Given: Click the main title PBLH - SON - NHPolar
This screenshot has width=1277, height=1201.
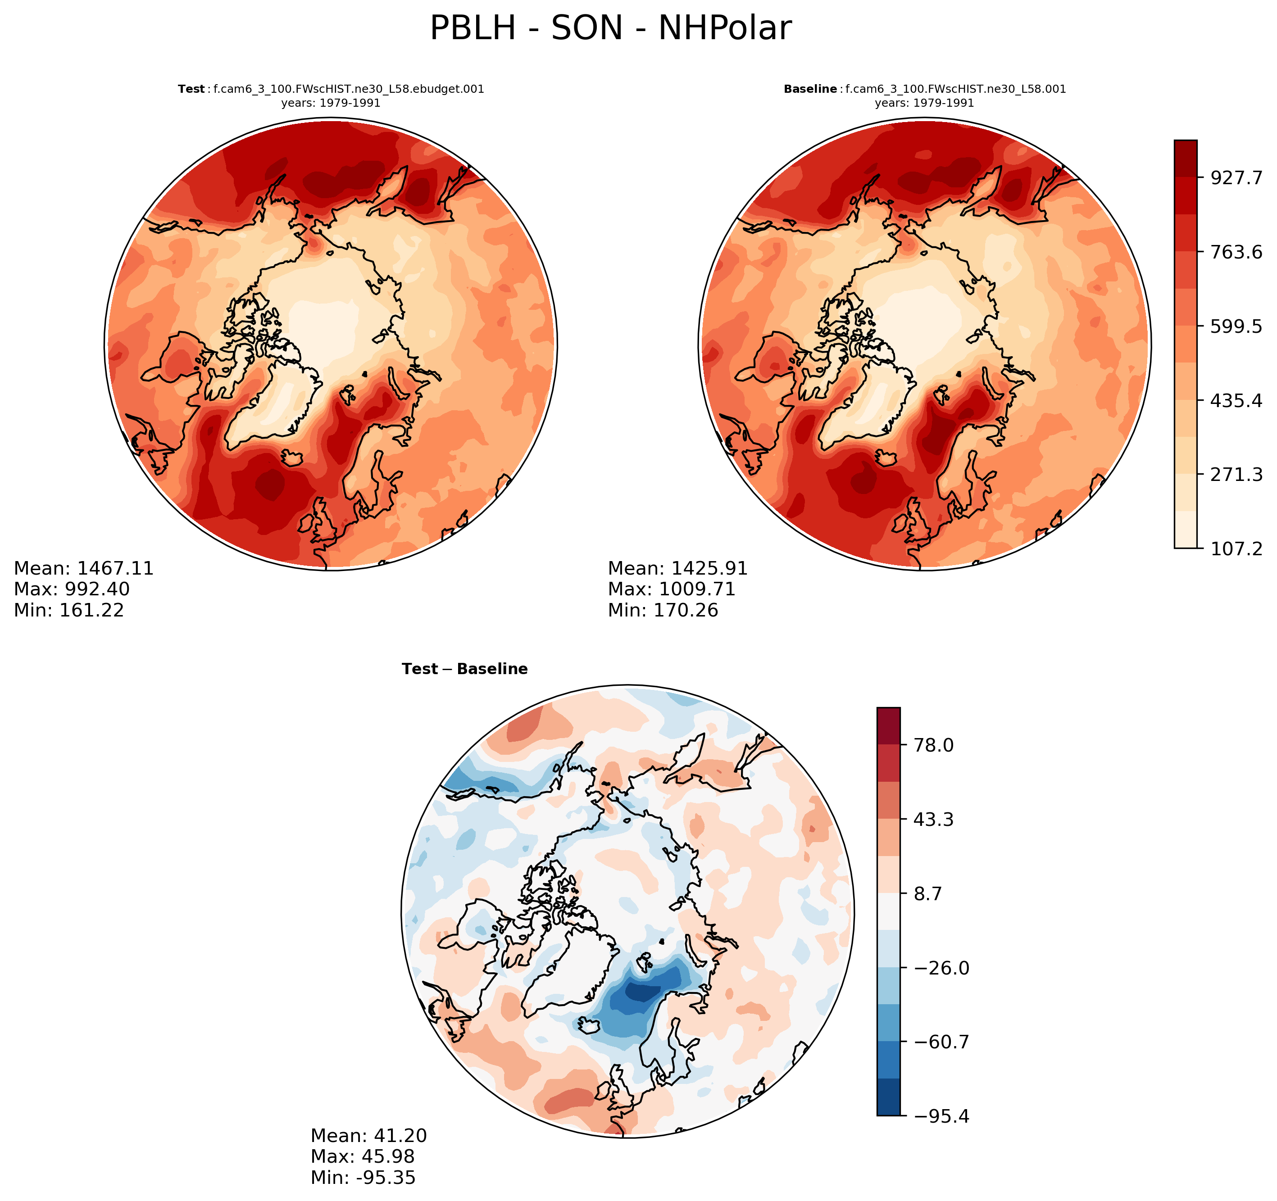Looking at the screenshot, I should (x=610, y=29).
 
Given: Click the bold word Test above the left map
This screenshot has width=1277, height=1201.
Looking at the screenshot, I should (x=191, y=89).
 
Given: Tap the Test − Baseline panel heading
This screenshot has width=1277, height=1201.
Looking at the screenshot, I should (x=464, y=669).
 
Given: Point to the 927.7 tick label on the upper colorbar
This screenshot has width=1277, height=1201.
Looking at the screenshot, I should (x=1236, y=178).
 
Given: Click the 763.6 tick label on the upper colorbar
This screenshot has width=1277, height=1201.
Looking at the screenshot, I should (x=1236, y=252).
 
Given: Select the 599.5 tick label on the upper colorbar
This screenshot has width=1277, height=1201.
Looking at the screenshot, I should (x=1236, y=326).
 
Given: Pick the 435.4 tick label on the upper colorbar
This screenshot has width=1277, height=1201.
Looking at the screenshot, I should (x=1236, y=401).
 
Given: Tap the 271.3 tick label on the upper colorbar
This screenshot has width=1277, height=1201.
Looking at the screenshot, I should (x=1236, y=475).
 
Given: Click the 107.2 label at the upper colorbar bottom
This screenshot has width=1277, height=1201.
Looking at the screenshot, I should (x=1236, y=548).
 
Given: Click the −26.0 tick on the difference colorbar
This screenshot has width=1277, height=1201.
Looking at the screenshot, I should (x=937, y=968).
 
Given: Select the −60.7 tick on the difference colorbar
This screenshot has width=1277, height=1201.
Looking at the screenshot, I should (x=937, y=1042).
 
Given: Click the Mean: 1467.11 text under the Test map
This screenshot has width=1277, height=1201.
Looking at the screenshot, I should (x=83, y=568).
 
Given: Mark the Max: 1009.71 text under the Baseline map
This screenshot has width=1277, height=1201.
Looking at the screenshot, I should (x=671, y=589).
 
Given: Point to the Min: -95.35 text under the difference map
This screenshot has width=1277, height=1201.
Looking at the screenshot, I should (x=363, y=1177).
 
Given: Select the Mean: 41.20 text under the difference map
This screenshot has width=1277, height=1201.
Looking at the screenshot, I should (x=369, y=1136).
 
